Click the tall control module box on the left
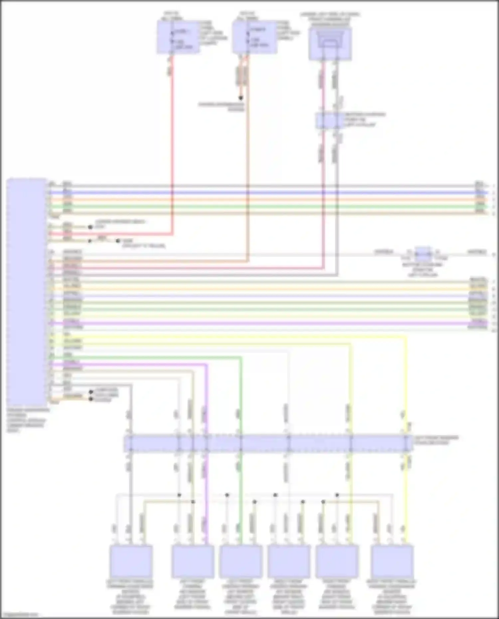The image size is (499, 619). click(27, 291)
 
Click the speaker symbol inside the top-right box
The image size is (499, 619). click(330, 42)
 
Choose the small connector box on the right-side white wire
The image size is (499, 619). click(423, 254)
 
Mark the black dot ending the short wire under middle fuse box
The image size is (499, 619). click(241, 98)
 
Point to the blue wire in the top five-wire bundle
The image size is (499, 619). click(266, 193)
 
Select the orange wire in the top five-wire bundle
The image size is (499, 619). click(266, 200)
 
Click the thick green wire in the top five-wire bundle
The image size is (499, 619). click(266, 206)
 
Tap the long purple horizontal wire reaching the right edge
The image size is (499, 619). click(266, 323)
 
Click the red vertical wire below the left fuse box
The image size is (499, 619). click(172, 150)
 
